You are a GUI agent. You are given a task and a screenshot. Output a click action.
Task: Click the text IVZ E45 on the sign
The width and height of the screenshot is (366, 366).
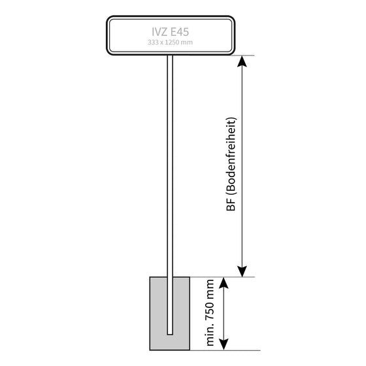click(x=170, y=32)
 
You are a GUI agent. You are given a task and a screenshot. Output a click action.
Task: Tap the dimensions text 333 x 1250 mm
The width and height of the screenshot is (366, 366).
click(x=170, y=42)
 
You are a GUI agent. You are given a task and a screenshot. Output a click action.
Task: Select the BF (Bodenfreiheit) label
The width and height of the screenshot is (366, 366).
click(x=231, y=164)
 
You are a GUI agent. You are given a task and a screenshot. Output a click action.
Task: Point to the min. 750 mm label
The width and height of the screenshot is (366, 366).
click(x=210, y=312)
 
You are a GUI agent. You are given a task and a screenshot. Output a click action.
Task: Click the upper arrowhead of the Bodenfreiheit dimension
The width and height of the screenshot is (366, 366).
click(x=242, y=61)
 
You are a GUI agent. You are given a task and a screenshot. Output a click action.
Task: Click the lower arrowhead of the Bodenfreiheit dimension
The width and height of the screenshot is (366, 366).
click(x=242, y=271)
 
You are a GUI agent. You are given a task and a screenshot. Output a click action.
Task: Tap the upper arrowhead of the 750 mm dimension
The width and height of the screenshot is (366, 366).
click(x=224, y=283)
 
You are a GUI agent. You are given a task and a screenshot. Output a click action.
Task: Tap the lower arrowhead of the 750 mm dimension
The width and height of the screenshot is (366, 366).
click(x=224, y=344)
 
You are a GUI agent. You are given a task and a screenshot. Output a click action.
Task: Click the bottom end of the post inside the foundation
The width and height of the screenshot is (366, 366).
click(x=170, y=335)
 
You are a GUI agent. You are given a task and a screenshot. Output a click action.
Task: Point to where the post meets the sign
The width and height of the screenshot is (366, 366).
click(x=170, y=56)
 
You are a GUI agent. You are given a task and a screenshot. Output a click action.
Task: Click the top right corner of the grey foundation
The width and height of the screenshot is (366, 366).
click(x=190, y=277)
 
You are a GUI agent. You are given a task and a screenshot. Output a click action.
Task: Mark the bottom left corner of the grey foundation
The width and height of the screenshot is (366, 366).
click(x=150, y=350)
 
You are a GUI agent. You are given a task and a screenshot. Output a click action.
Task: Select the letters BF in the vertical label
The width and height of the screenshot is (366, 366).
click(x=231, y=205)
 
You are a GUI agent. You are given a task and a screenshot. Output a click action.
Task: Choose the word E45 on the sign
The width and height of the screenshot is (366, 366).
click(x=179, y=32)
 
